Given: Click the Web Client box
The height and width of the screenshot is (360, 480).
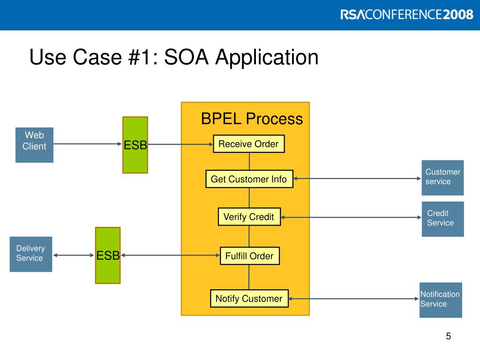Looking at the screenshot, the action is pos(34,145).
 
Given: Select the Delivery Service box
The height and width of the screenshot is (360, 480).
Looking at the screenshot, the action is pos(31,254).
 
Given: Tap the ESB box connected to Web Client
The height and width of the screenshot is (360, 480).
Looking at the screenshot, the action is pos(135,145).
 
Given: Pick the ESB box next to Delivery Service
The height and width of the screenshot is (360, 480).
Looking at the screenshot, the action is pos(108,255).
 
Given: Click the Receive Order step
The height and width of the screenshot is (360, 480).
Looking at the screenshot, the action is pos(248,144).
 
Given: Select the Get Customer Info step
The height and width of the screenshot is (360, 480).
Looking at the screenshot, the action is pos(249,179).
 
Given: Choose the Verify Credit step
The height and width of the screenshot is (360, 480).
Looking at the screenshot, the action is pos(249,217).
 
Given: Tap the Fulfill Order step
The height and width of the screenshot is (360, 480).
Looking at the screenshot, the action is pos(249,256).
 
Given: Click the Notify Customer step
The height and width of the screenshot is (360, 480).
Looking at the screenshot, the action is pos(249,299).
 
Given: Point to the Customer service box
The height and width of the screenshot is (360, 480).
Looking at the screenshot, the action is pos(442,178).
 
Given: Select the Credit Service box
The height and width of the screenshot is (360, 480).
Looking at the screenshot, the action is pos(442,219).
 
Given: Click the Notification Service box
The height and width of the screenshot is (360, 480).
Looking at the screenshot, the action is pos(441,300).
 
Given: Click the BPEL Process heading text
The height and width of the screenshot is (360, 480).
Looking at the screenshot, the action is pos(252,119).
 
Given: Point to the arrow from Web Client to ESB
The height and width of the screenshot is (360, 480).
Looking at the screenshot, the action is pos(88,144).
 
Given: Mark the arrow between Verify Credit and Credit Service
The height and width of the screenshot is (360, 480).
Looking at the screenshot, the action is pos(351,217).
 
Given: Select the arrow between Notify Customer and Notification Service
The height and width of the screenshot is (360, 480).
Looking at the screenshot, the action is pos(354,299).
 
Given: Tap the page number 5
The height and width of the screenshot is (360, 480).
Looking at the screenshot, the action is pos(449,336).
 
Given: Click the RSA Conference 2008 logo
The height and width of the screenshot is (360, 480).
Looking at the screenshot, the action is pos(407,15).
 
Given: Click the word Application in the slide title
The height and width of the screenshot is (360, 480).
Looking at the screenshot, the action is pos(267,58).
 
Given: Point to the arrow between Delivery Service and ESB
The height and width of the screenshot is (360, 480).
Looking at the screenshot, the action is pos(74,255).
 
